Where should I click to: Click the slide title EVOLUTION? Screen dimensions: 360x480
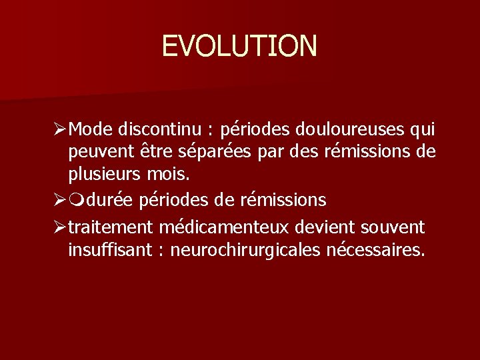pyautogui.click(x=239, y=46)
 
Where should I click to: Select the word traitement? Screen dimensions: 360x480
pyautogui.click(x=111, y=227)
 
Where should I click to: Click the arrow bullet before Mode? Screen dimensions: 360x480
pyautogui.click(x=76, y=128)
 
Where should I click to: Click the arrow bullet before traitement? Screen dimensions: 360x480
pyautogui.click(x=76, y=228)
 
